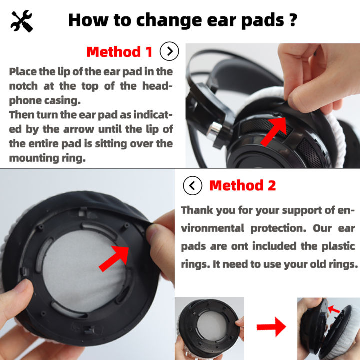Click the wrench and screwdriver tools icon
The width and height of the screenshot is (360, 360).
tap(21, 20)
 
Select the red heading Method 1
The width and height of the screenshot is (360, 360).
tap(120, 51)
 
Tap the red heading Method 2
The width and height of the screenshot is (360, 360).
tap(242, 186)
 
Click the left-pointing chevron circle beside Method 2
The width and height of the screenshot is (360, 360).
tap(193, 186)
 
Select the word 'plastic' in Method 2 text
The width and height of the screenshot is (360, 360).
tap(338, 246)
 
